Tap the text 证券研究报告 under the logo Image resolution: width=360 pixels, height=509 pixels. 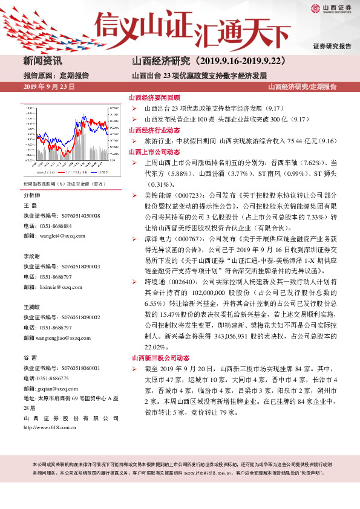pos(332,47)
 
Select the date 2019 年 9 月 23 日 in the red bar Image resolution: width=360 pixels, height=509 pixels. pos(48,88)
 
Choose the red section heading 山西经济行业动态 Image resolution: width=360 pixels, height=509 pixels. pos(155,130)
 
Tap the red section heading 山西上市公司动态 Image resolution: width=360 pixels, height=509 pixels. pos(155,152)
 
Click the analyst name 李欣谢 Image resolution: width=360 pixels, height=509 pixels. pos(32,256)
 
